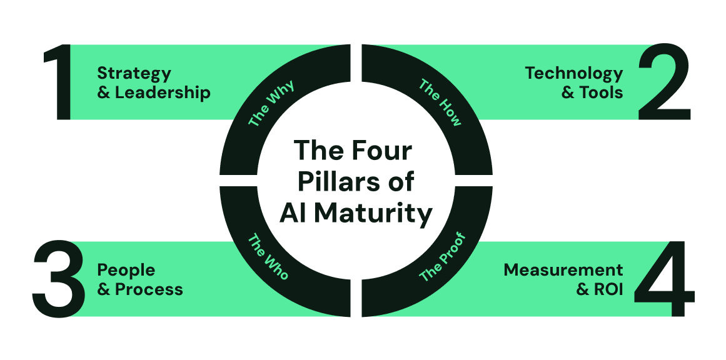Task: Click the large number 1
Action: tap(60, 82)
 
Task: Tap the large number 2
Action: tap(663, 82)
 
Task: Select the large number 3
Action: tap(59, 279)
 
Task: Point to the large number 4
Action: tap(664, 279)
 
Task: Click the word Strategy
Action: tap(134, 74)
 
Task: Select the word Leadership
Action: tap(163, 92)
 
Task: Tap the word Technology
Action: tap(574, 73)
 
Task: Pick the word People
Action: tap(126, 270)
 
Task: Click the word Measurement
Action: tap(563, 270)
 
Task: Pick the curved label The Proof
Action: tap(443, 257)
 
